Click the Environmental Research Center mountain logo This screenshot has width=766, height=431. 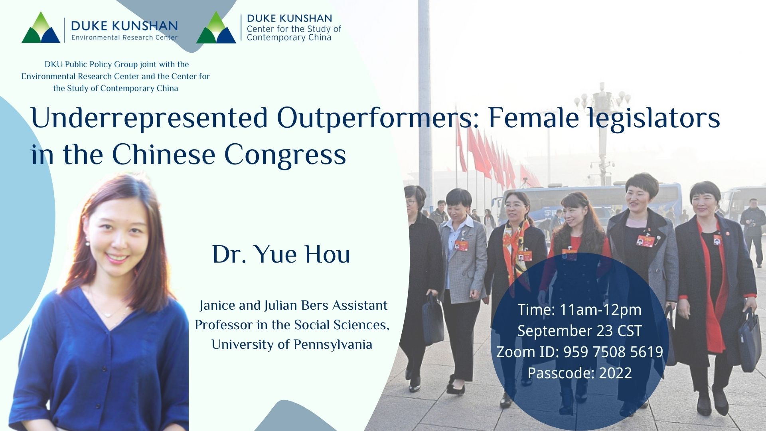point(41,28)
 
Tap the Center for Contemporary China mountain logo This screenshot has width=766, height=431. point(216,28)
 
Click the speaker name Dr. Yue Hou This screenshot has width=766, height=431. point(281,254)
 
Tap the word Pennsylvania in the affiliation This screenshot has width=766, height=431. point(333,344)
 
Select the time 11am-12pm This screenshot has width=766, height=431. point(600,310)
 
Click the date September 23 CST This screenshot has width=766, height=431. point(579,331)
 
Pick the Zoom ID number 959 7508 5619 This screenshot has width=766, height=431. point(613,352)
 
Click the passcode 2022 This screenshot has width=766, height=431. point(615,373)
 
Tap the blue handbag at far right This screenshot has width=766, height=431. point(749,339)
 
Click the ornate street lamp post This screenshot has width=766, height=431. point(602,132)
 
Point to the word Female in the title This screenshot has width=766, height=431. point(533,119)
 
